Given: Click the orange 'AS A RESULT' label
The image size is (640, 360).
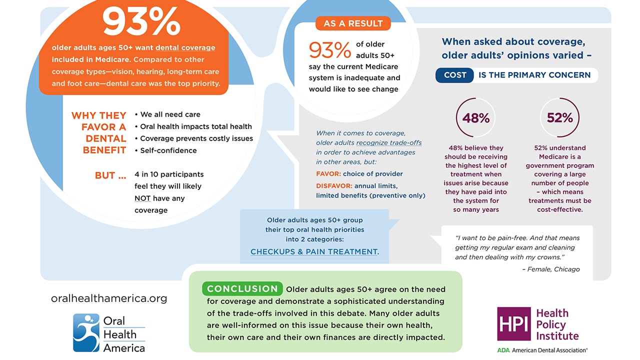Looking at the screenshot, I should (353, 23).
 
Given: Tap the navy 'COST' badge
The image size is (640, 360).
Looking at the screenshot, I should (455, 75).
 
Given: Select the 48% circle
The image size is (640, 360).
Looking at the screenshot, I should (475, 117).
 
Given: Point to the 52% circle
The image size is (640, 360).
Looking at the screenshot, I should (559, 117).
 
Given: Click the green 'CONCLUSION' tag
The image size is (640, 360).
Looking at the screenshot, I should (242, 289).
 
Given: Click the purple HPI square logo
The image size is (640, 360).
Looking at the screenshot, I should (513, 323).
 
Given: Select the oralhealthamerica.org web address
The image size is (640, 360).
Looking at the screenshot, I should (109, 298).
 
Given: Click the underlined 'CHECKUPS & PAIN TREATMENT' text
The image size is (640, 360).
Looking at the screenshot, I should (314, 251).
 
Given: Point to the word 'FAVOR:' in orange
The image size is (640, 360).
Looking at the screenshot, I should (328, 174).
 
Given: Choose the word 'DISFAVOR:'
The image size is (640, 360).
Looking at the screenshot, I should (334, 186).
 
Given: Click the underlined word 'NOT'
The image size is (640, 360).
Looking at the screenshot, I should (142, 198).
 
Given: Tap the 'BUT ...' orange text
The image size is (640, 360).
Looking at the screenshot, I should (110, 175).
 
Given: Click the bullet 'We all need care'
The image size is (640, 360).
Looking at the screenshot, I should (167, 114).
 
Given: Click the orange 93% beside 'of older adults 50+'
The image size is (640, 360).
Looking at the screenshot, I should (330, 50).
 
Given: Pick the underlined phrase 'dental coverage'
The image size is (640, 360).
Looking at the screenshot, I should (185, 48).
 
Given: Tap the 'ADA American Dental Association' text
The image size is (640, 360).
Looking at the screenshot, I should (542, 350).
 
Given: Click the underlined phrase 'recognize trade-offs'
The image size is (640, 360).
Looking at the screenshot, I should (388, 142).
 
